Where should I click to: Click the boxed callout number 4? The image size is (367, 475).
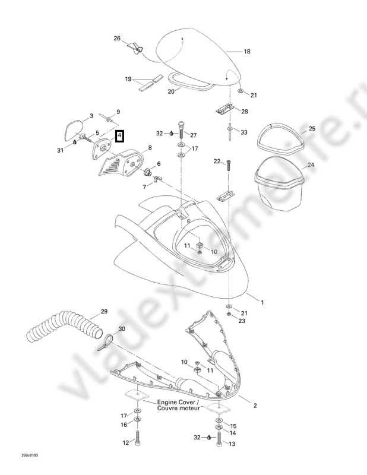(x=120, y=136)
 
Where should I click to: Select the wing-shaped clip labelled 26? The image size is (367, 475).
(x=135, y=49)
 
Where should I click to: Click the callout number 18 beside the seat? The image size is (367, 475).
(x=247, y=52)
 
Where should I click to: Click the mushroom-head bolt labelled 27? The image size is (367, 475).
(x=181, y=129)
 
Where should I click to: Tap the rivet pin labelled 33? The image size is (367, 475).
(x=230, y=131)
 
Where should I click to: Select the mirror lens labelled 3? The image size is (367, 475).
(x=74, y=130)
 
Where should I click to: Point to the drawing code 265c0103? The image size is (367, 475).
(x=30, y=455)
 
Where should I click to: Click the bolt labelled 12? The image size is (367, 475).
(x=138, y=437)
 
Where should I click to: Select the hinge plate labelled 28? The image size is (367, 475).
(x=224, y=109)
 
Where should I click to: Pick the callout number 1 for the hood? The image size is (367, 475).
(x=262, y=302)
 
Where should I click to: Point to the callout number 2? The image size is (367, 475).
(x=255, y=406)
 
